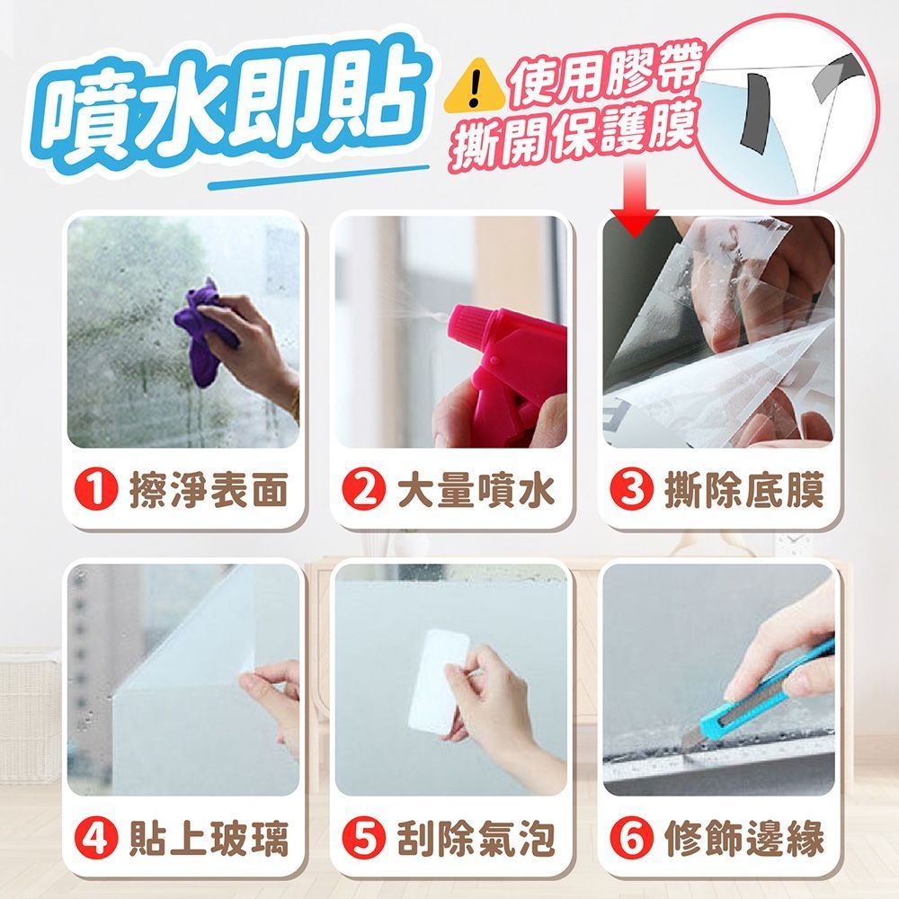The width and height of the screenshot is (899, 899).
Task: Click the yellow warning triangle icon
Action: (474, 85)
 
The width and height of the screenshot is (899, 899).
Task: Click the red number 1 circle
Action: (96, 490)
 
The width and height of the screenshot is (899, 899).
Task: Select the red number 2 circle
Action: (363, 490)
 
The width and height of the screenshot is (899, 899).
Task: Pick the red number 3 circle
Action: (631, 490)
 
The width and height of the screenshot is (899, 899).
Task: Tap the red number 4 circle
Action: (96, 838)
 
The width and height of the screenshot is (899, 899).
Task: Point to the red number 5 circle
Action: (363, 838)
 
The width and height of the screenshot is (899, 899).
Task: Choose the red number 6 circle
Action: (631, 838)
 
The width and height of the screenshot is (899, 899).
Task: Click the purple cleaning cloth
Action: (203, 333)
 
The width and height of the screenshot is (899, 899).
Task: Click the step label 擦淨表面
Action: (209, 490)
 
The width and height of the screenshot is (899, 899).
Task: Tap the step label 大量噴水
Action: (476, 490)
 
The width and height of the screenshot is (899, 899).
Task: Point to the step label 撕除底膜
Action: (744, 490)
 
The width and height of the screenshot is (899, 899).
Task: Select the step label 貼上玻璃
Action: (209, 839)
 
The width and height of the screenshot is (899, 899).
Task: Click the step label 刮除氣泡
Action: (476, 839)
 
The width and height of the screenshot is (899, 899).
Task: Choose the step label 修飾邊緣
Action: (744, 839)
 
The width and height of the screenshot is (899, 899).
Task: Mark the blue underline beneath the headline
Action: (319, 177)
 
